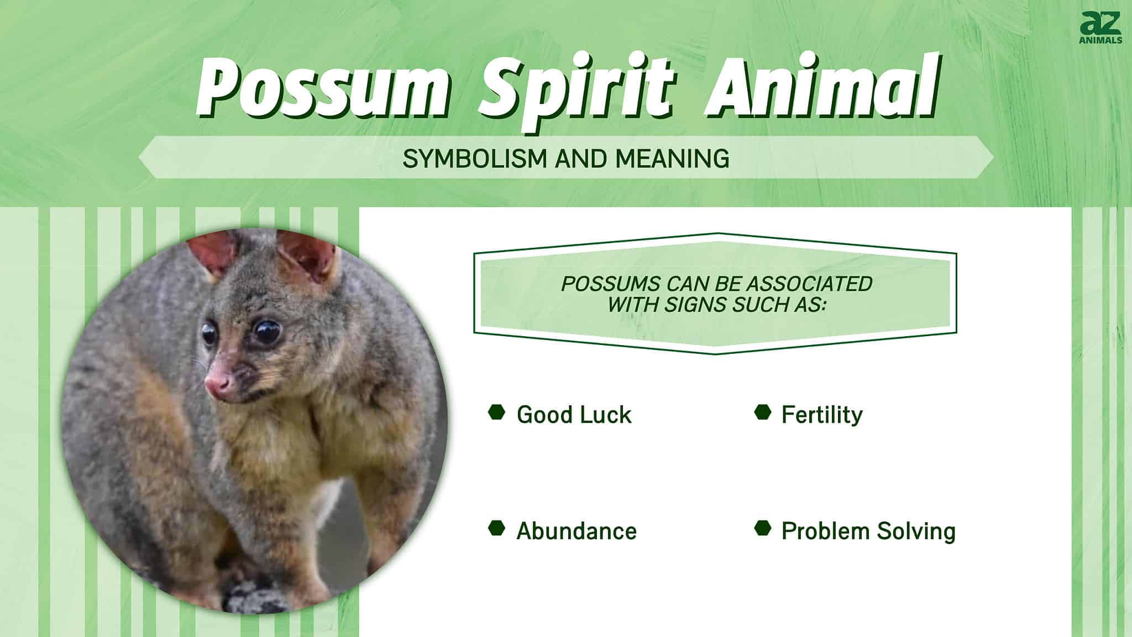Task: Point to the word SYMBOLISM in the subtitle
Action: point(476,159)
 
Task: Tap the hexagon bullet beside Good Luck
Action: point(496,413)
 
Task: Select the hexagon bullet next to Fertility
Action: point(762,413)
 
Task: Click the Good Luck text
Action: point(574,415)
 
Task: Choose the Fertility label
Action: point(822,415)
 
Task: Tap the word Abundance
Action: point(577,531)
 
